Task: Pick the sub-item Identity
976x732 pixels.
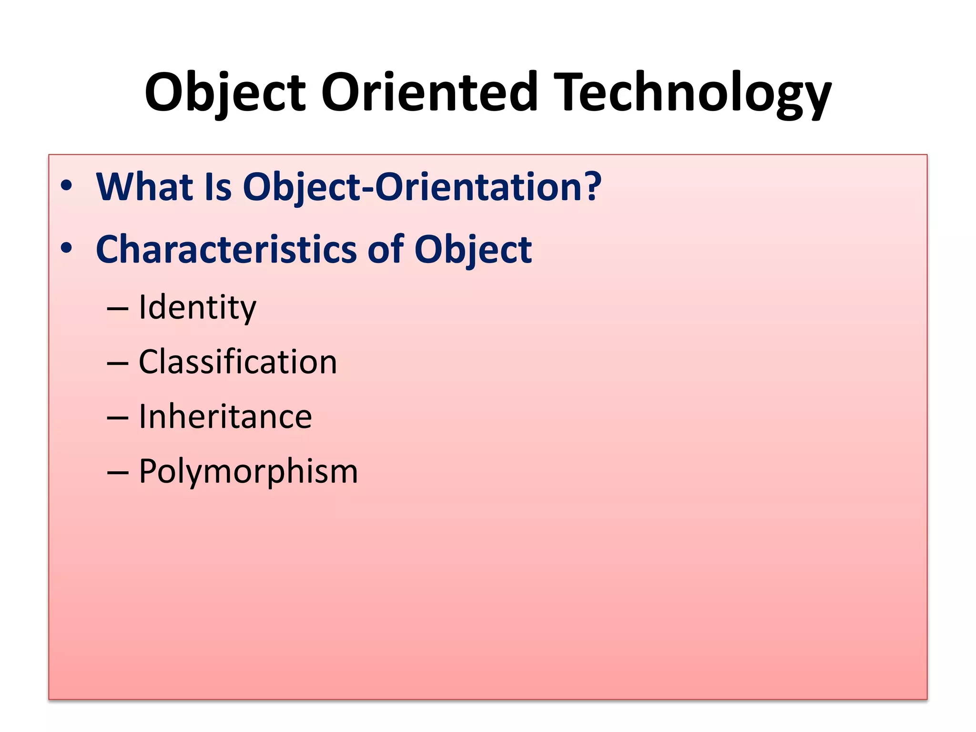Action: tap(197, 308)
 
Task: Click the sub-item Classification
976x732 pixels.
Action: tap(238, 362)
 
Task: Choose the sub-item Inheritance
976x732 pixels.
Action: tap(225, 417)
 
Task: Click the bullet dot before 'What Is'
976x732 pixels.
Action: tap(66, 186)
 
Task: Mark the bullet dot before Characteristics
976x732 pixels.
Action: tap(66, 248)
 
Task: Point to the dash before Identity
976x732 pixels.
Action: tap(117, 309)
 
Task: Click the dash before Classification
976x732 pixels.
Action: tap(117, 364)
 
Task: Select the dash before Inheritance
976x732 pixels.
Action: tap(117, 418)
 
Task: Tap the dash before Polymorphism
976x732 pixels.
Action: tap(117, 473)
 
